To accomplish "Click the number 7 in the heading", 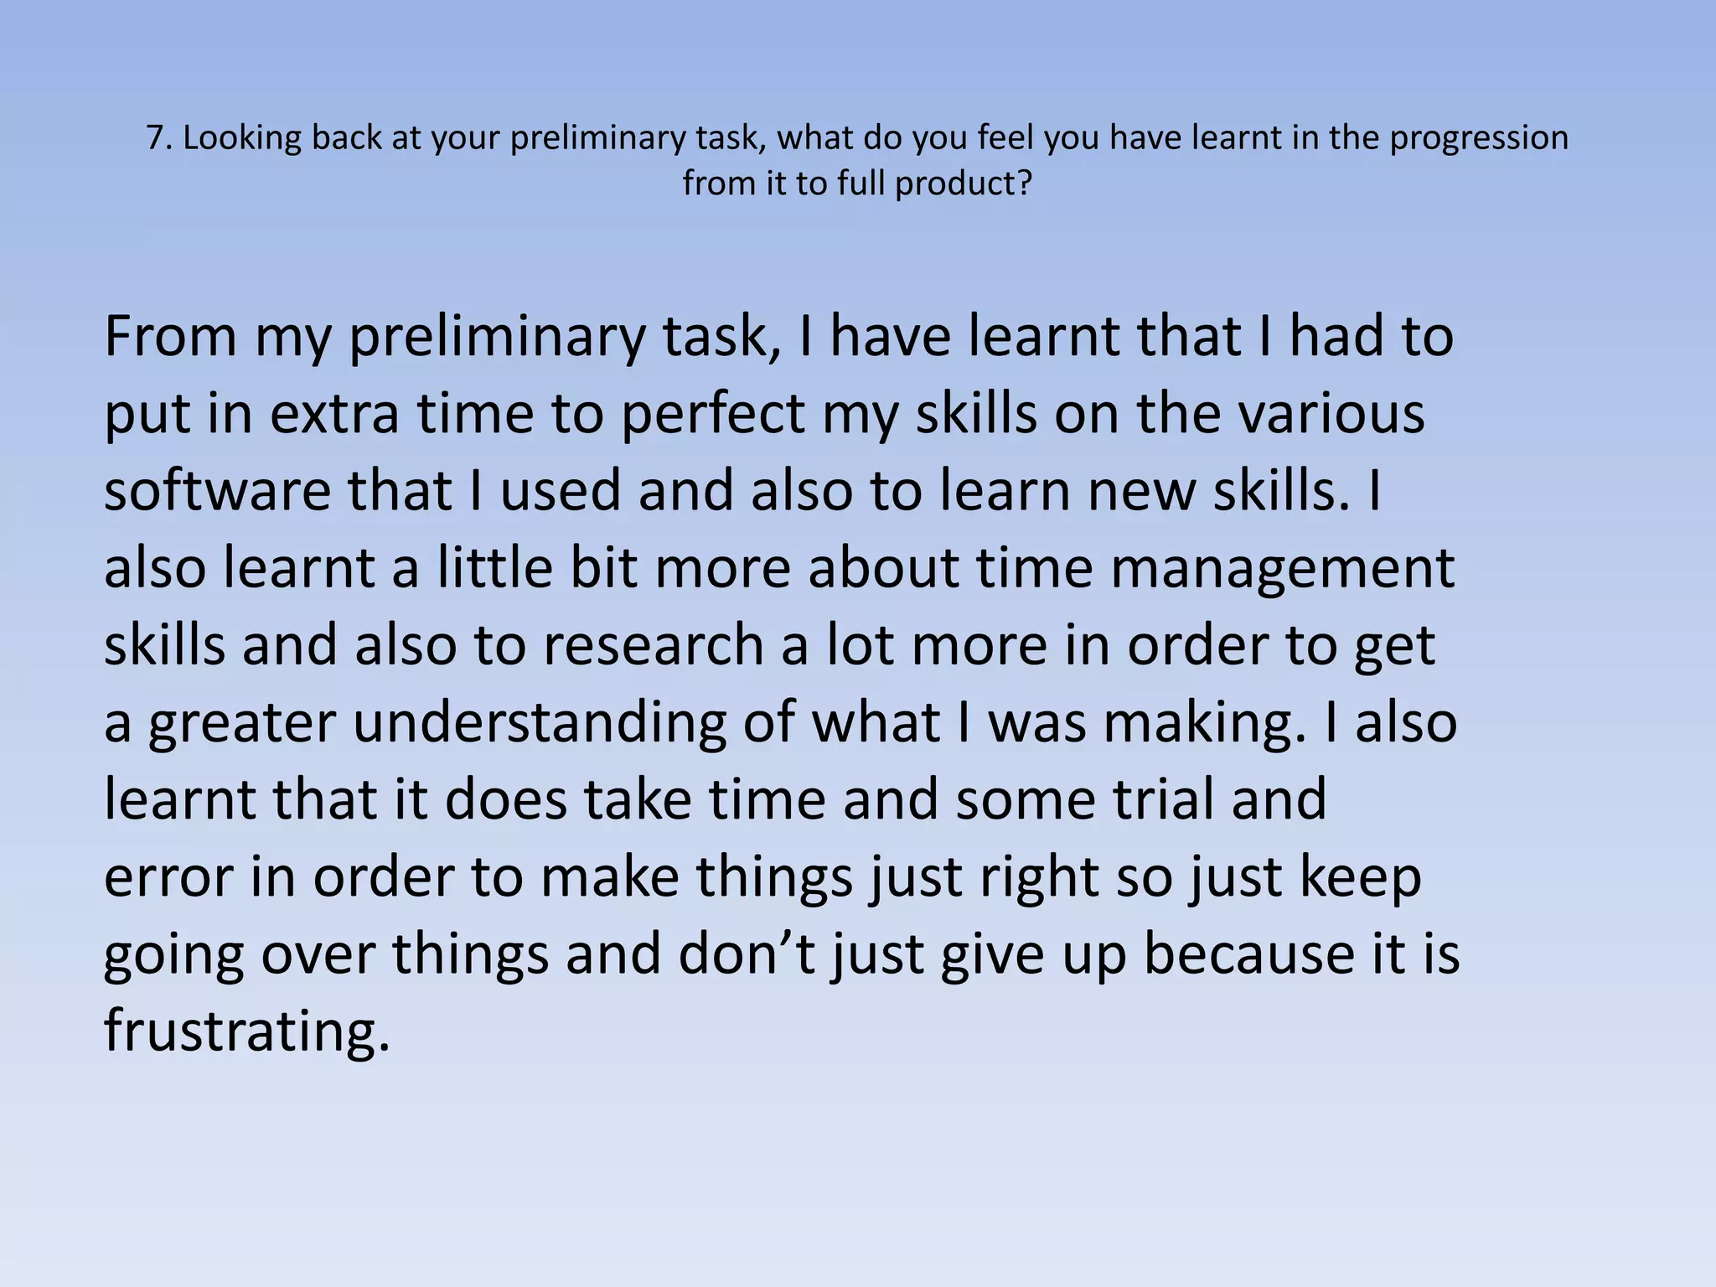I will pos(153,138).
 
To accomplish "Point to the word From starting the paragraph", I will pos(170,336).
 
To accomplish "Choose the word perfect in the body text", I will pos(712,414).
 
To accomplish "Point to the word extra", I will pos(334,414).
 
